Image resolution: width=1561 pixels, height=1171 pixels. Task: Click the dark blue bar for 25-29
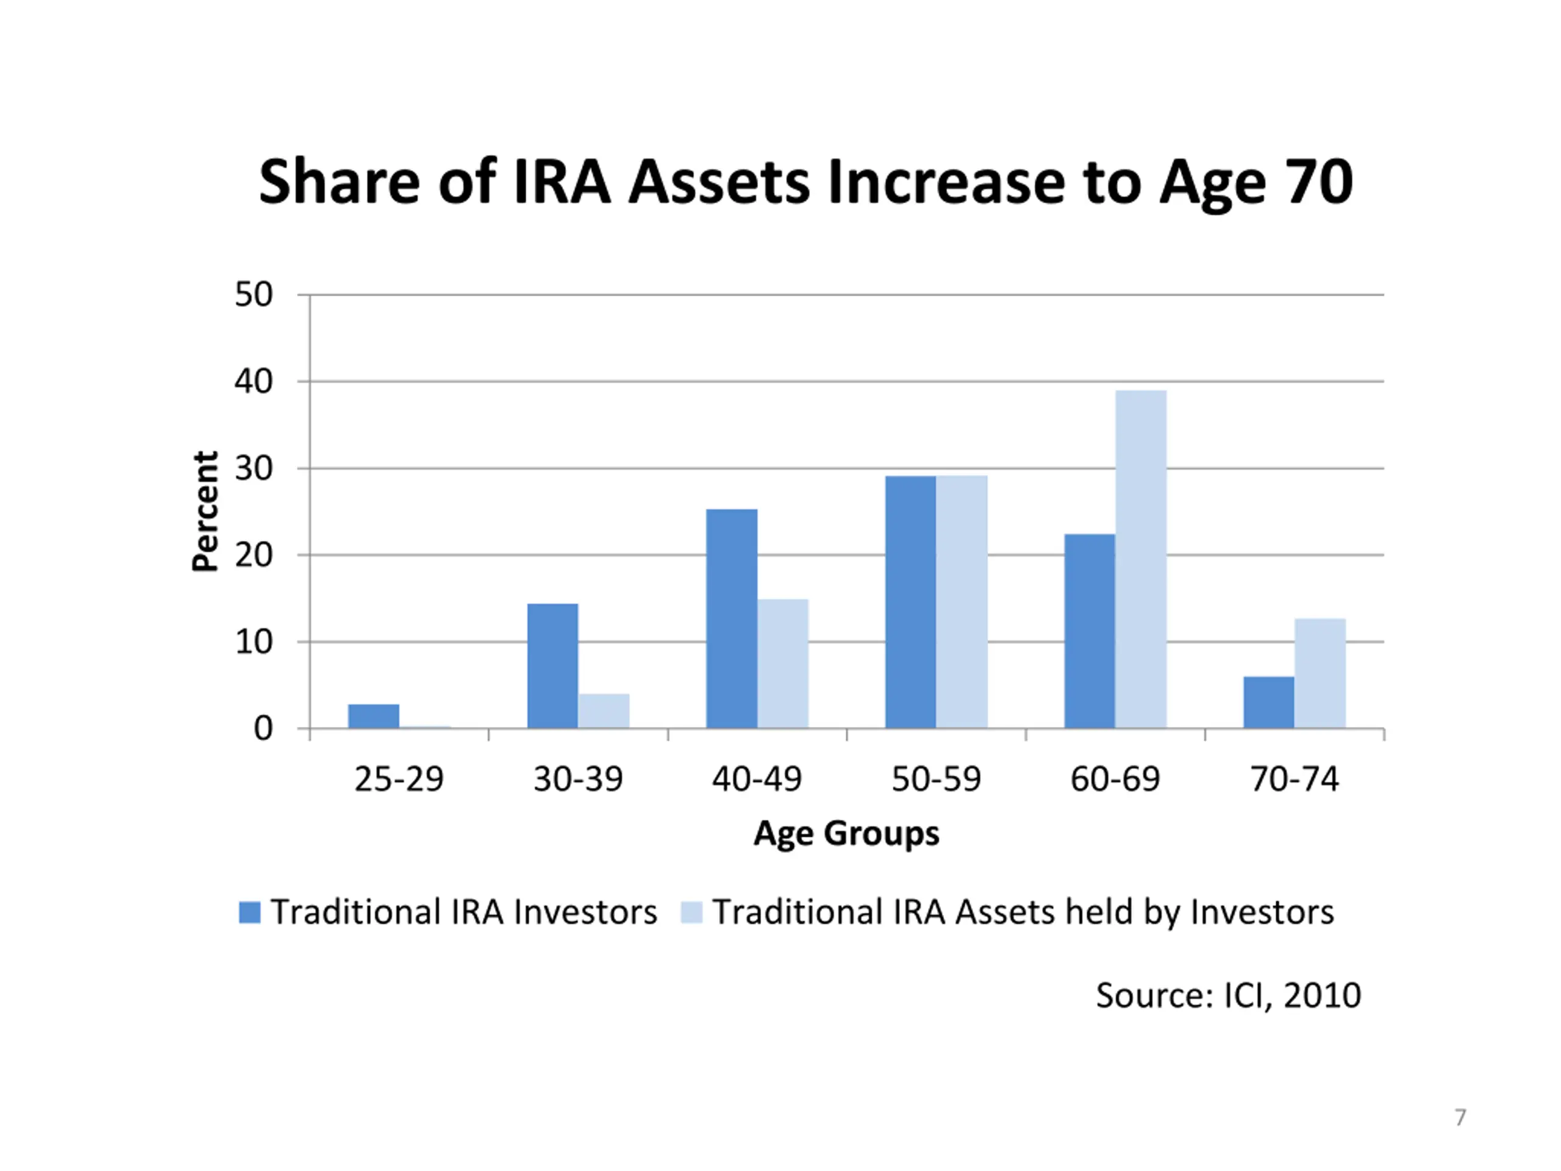(x=373, y=716)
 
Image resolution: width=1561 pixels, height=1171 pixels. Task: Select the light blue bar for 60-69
(x=1140, y=559)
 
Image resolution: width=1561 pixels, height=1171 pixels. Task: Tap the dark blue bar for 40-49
(x=732, y=618)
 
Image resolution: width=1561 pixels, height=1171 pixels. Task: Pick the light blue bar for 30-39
(x=604, y=711)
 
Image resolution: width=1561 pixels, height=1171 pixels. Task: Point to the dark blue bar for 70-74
(x=1268, y=703)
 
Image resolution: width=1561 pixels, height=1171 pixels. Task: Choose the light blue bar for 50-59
(x=961, y=601)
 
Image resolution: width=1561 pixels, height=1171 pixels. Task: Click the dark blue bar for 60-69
(x=1090, y=631)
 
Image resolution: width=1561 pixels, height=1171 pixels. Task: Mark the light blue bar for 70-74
(x=1320, y=673)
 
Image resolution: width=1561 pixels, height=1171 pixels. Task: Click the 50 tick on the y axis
(x=253, y=295)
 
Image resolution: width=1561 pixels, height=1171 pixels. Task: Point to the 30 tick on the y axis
(x=253, y=468)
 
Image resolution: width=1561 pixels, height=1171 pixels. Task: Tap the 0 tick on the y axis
(x=263, y=728)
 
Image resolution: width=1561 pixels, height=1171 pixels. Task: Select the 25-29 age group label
(x=399, y=779)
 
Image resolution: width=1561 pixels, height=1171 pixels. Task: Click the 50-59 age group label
(x=936, y=779)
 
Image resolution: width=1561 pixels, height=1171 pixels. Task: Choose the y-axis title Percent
(x=205, y=511)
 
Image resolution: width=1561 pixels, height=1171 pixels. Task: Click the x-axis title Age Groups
(x=846, y=834)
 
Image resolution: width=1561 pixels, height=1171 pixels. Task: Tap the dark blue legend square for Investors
(x=250, y=912)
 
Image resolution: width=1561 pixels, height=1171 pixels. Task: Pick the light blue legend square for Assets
(x=691, y=912)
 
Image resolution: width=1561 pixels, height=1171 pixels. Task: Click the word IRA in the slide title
(x=561, y=182)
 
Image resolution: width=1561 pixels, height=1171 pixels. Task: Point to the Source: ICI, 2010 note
(x=1228, y=995)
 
